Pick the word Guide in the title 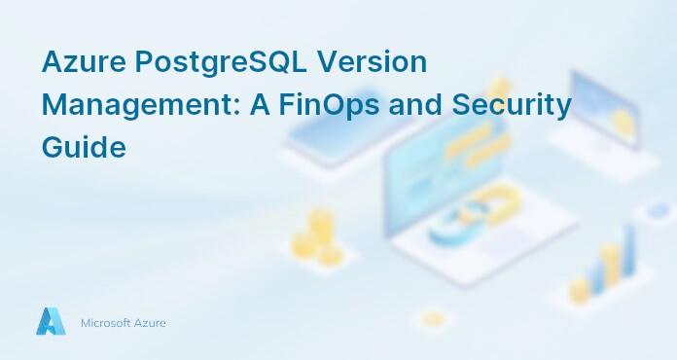click(84, 148)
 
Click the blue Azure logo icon click(51, 321)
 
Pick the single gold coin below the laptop click(433, 318)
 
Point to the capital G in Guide click(55, 148)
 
